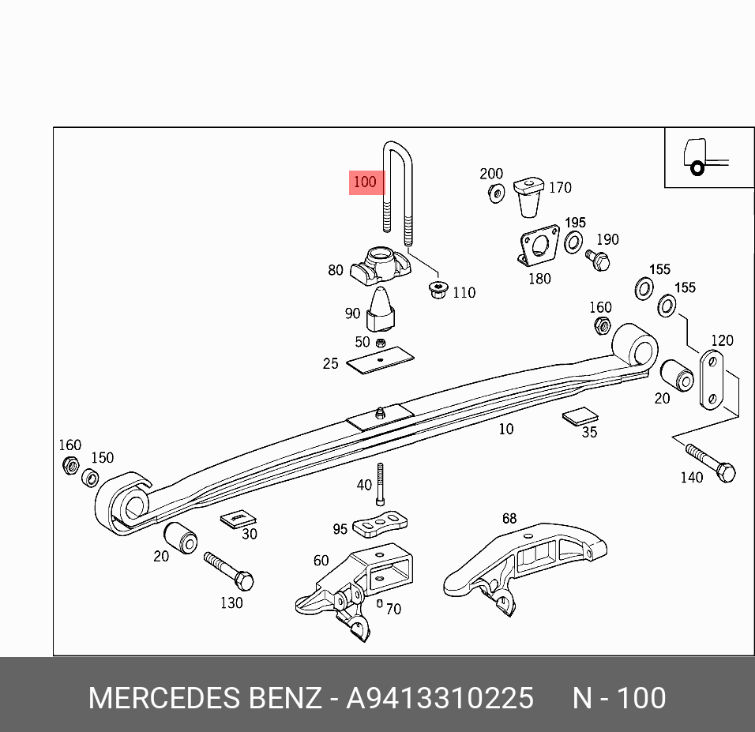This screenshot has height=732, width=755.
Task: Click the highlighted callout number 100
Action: [365, 182]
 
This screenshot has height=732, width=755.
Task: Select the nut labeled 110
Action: [438, 290]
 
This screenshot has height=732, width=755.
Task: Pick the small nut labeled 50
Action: [380, 343]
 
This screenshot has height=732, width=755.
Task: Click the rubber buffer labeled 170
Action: [528, 197]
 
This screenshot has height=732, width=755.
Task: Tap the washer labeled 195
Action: [575, 242]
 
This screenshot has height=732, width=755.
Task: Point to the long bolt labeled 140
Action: [711, 464]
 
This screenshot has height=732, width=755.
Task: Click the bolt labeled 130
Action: [228, 571]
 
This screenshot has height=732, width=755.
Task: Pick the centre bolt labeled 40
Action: [380, 484]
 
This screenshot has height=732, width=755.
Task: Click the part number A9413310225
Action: [440, 698]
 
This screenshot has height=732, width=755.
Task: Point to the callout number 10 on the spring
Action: [505, 429]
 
